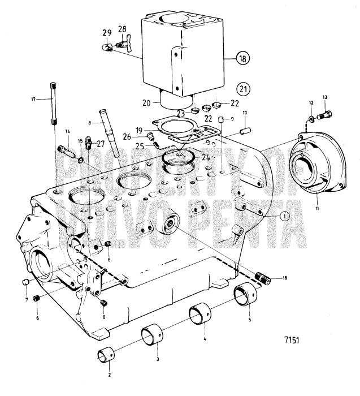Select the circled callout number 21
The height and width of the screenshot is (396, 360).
click(x=242, y=88)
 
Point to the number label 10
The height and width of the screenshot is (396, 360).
click(x=245, y=114)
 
